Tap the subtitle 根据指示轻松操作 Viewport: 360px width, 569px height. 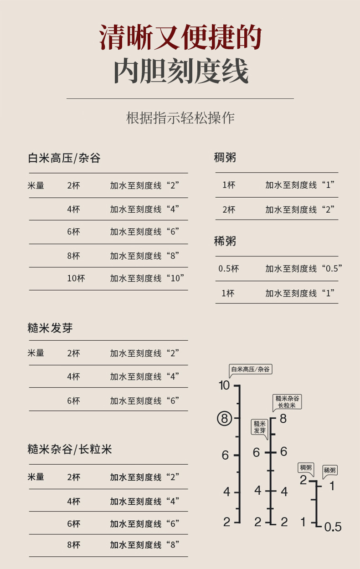[x=180, y=118]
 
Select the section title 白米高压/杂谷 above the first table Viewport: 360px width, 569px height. [x=64, y=158]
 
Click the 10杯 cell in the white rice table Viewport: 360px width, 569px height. [x=76, y=278]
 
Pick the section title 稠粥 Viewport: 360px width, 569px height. [x=225, y=158]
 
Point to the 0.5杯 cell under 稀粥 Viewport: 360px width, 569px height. [x=228, y=269]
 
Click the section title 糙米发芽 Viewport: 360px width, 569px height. [x=50, y=328]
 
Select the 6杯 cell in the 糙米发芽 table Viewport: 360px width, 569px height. [x=73, y=401]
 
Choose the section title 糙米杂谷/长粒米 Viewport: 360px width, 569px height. [x=70, y=450]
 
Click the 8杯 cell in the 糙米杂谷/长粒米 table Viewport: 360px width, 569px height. [x=73, y=545]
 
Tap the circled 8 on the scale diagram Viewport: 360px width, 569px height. [x=224, y=418]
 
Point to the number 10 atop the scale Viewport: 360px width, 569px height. [x=224, y=386]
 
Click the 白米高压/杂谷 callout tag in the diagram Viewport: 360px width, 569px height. [x=250, y=369]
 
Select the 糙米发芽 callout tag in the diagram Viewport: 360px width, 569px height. [x=259, y=427]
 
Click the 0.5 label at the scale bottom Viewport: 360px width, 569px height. [x=333, y=528]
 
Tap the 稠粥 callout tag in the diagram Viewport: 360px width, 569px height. [x=306, y=467]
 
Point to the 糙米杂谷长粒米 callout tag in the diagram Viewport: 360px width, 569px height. [x=287, y=401]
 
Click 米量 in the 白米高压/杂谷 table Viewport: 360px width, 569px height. [x=36, y=185]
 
